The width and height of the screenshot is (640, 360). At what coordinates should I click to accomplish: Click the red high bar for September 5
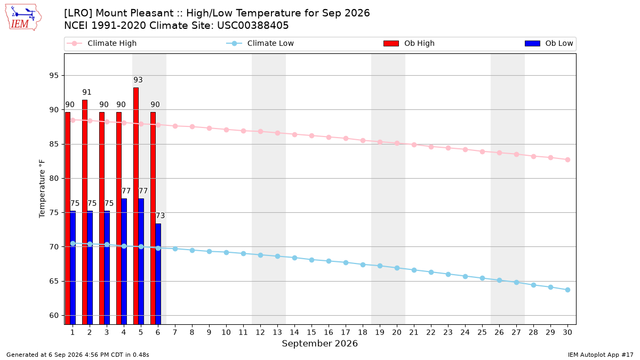136,206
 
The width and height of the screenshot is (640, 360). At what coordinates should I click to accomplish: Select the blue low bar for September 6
158,274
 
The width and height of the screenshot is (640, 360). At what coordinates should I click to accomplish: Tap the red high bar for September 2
85,212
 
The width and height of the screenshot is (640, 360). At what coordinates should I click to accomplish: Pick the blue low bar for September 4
124,261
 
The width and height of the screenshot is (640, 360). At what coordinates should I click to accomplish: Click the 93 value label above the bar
138,79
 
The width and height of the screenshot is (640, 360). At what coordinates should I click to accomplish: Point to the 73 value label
161,215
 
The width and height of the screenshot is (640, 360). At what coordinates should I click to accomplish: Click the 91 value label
87,92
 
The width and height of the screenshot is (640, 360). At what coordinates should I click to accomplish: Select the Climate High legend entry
102,43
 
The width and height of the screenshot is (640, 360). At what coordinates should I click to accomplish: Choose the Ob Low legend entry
549,43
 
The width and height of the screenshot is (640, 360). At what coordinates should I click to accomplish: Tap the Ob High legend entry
409,43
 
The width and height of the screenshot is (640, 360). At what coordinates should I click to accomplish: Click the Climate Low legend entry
260,43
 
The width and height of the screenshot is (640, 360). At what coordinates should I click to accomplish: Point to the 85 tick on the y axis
54,144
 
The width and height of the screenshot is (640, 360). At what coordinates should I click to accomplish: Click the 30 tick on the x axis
567,332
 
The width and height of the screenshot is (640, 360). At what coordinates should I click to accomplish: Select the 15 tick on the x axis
311,332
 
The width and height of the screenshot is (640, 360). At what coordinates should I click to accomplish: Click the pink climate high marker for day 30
567,159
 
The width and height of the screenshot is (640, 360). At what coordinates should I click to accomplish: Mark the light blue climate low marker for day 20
397,268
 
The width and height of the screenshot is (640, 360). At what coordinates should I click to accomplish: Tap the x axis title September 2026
319,343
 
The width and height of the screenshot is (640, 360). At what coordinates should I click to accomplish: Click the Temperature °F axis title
42,189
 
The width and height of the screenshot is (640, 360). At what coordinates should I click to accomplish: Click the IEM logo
23,17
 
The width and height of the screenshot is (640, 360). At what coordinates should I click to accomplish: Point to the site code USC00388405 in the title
253,26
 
